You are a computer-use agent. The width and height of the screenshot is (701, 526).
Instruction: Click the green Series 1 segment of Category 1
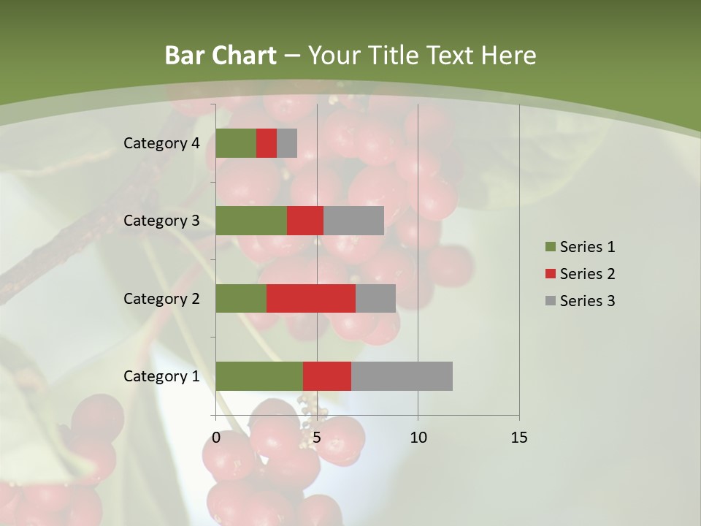259,376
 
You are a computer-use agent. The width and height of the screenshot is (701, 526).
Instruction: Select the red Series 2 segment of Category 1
327,376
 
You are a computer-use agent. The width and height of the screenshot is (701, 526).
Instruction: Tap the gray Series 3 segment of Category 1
402,376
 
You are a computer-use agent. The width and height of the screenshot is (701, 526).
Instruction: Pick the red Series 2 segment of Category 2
311,298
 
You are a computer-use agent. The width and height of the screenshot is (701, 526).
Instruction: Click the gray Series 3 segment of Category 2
375,298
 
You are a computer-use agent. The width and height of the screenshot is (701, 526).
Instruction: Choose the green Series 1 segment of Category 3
251,221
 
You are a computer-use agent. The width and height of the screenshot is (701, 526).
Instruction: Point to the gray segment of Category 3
353,221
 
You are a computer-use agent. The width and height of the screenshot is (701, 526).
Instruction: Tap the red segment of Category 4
267,143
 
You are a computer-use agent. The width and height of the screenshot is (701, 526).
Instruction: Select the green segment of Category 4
236,143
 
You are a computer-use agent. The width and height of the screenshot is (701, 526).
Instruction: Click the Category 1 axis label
161,376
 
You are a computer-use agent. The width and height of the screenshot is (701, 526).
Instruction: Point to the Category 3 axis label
161,221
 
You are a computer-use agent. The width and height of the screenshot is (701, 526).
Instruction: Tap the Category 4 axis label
161,143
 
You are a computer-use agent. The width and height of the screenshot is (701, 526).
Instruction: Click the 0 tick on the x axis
216,438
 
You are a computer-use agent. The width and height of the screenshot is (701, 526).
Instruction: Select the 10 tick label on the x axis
418,438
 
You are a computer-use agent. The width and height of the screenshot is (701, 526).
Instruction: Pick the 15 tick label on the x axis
518,438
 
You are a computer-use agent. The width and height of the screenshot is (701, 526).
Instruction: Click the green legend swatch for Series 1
550,247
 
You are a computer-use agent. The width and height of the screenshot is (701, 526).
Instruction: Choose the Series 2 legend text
587,274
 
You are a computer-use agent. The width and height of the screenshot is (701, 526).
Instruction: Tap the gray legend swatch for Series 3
550,301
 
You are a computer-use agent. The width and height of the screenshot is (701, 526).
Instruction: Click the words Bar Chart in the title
221,56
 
